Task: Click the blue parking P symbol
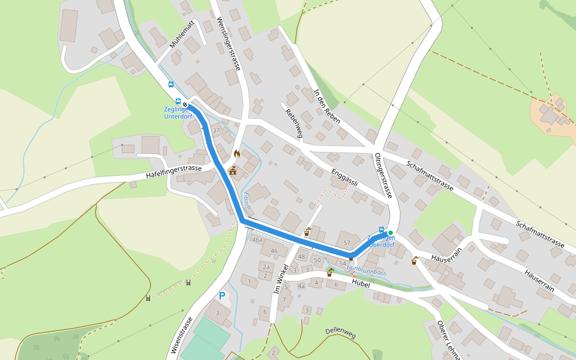(222, 296)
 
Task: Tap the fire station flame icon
(236, 154)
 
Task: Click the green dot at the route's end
(390, 233)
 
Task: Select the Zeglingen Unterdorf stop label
(178, 112)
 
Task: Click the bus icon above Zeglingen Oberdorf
(382, 229)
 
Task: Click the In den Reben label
(327, 106)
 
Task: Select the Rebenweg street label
(292, 123)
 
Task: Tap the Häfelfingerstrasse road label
(173, 172)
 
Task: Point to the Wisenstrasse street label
(183, 337)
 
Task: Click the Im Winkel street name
(278, 280)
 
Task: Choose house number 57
(347, 242)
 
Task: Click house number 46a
(257, 240)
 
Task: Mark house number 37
(216, 130)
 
